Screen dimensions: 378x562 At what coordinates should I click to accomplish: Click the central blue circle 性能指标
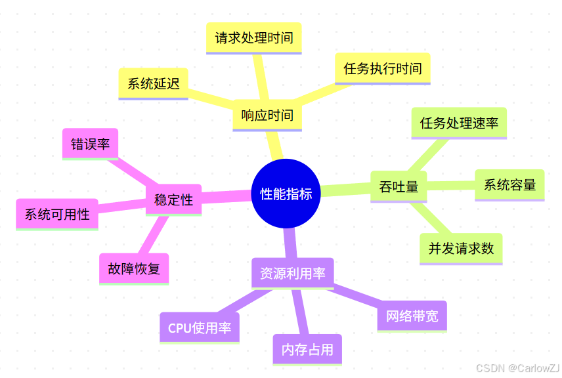pyautogui.click(x=286, y=194)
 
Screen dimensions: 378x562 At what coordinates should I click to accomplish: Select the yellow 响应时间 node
pyautogui.click(x=267, y=116)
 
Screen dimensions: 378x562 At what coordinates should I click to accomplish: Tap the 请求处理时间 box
pyautogui.click(x=253, y=37)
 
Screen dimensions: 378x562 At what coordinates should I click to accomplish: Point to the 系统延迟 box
pyautogui.click(x=153, y=83)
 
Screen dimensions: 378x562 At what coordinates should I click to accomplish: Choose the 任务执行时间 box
pyautogui.click(x=382, y=68)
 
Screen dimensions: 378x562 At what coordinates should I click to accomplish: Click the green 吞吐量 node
pyautogui.click(x=399, y=187)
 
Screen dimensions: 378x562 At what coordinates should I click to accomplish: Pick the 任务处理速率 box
pyautogui.click(x=459, y=123)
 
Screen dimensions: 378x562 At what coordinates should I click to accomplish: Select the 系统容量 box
pyautogui.click(x=509, y=184)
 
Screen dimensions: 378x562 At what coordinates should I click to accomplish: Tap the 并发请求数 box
pyautogui.click(x=461, y=249)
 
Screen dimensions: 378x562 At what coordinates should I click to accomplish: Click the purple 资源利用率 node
pyautogui.click(x=293, y=273)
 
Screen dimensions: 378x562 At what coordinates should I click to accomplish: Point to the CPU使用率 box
pyautogui.click(x=200, y=328)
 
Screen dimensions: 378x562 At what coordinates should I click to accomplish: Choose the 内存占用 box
pyautogui.click(x=307, y=350)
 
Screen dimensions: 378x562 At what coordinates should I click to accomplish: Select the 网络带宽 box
pyautogui.click(x=412, y=316)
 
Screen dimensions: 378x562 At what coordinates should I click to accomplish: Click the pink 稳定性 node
pyautogui.click(x=173, y=199)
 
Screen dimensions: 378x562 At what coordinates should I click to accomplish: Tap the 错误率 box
pyautogui.click(x=90, y=144)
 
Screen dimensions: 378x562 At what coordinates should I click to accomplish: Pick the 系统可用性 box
pyautogui.click(x=57, y=214)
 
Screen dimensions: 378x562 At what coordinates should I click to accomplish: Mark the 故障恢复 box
pyautogui.click(x=134, y=268)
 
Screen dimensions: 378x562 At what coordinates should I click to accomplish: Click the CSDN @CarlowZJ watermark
pyautogui.click(x=517, y=368)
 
